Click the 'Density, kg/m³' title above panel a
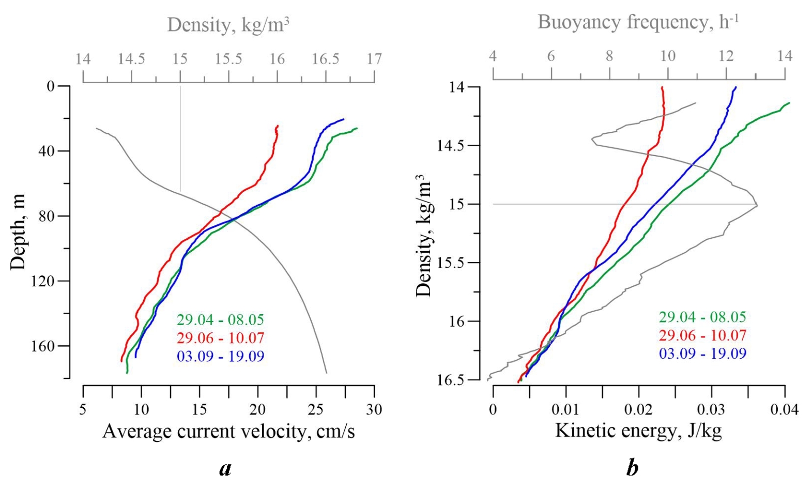[x=228, y=25]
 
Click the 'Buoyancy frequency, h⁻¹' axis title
[x=638, y=22]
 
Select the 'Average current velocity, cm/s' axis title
[x=228, y=431]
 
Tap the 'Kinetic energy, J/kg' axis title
[x=638, y=430]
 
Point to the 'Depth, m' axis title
[x=18, y=232]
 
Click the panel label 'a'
[x=225, y=468]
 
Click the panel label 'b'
[x=632, y=468]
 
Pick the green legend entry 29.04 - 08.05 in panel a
[x=220, y=320]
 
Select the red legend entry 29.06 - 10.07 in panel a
[x=220, y=338]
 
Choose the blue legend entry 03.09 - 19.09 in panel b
[x=702, y=354]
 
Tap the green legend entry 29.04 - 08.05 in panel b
[x=702, y=317]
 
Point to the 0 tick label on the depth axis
[x=51, y=86]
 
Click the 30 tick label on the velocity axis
[x=374, y=410]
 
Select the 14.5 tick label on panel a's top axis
[x=131, y=59]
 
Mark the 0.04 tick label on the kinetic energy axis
[x=785, y=410]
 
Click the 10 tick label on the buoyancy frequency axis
[x=668, y=56]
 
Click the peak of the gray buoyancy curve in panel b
[x=757, y=206]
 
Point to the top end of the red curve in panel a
[x=278, y=126]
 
